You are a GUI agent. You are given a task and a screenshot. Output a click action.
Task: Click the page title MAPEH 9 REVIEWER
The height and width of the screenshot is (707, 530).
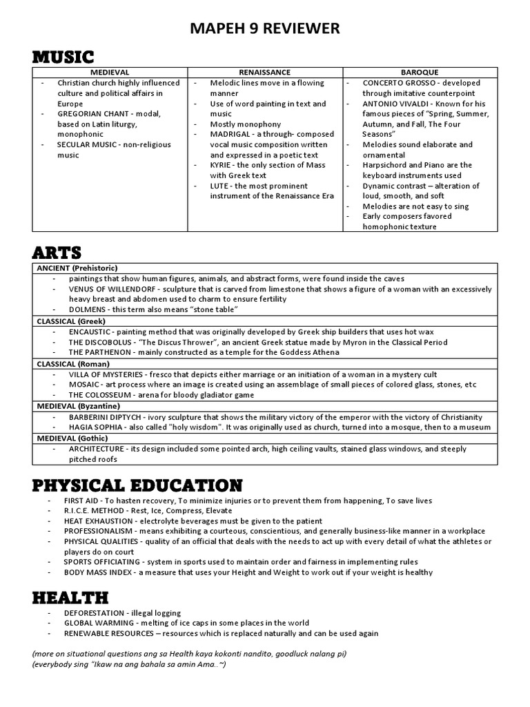tap(265, 28)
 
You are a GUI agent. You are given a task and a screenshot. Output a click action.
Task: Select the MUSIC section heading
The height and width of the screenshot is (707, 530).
tap(63, 57)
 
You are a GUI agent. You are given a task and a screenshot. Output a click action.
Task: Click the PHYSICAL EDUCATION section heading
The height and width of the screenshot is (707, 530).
tap(137, 485)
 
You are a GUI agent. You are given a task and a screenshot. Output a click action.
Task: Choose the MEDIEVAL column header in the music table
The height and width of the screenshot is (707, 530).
tap(110, 72)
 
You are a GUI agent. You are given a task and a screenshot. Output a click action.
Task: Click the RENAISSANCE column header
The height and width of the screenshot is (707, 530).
tap(264, 72)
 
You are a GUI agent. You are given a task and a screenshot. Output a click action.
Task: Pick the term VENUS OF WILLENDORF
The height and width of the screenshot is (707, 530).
tap(113, 289)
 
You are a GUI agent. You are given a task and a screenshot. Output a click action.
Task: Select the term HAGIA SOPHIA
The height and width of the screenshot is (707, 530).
tap(97, 427)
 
